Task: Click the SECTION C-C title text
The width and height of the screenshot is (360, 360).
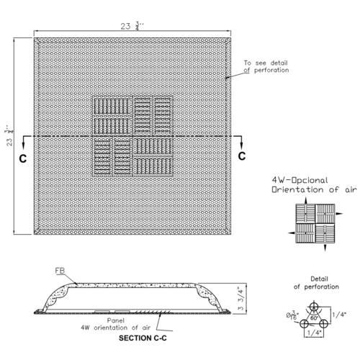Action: tap(143, 338)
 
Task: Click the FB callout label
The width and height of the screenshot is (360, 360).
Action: tap(60, 271)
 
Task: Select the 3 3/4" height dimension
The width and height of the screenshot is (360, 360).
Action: tap(241, 298)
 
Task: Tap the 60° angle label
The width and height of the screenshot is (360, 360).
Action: tap(314, 318)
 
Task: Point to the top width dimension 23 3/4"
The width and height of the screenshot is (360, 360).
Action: tap(132, 26)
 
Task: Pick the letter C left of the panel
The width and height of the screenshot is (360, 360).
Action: tap(23, 158)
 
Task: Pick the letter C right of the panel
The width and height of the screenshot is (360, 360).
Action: tap(242, 156)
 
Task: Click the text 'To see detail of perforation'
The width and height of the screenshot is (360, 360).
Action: tap(266, 66)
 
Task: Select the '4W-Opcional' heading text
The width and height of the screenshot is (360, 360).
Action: tap(300, 180)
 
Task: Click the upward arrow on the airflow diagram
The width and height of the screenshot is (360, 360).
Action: tap(305, 201)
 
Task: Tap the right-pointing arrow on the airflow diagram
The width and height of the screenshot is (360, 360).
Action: tap(339, 213)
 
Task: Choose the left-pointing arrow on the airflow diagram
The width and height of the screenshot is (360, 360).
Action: tap(292, 233)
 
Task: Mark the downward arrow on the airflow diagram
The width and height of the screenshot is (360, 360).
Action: tap(325, 248)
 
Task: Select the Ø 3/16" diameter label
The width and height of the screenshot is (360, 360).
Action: tap(292, 315)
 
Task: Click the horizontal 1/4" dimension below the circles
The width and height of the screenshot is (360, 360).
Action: tap(314, 333)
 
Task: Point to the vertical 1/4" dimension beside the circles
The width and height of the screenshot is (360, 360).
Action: tap(339, 314)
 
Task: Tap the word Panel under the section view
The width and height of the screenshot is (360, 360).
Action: tap(116, 320)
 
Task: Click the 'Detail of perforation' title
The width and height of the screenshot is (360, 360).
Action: tap(316, 283)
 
